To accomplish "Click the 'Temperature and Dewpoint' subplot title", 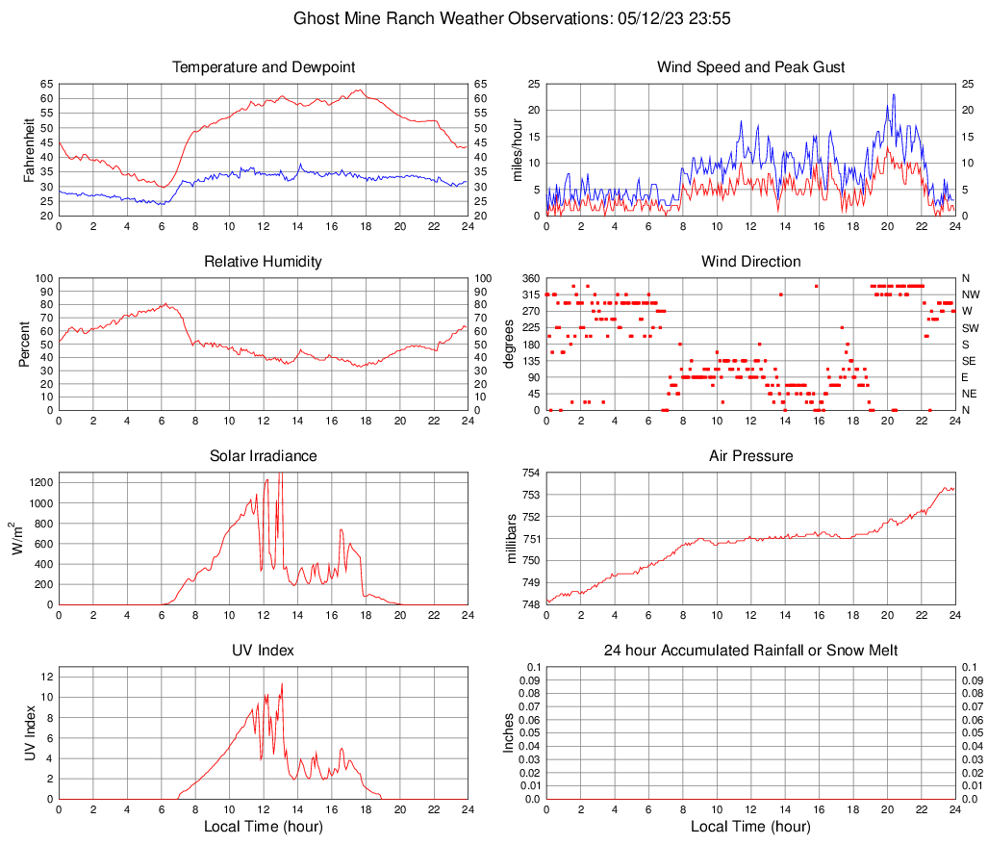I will pos(264,67).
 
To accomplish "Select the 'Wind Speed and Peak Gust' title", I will pos(750,67).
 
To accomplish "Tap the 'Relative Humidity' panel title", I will pos(264,262).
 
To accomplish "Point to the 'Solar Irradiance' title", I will pos(264,456).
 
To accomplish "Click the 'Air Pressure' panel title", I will pos(750,456).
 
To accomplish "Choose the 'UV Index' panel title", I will pos(264,651).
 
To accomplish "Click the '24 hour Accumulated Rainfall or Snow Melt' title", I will pos(750,651).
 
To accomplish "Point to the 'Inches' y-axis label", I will pos(509,732).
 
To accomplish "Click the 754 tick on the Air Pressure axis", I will pos(531,473).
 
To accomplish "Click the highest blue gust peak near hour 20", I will pos(894,94).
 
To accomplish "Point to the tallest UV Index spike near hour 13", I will pos(282,683).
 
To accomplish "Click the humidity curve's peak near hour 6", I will pos(165,303).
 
